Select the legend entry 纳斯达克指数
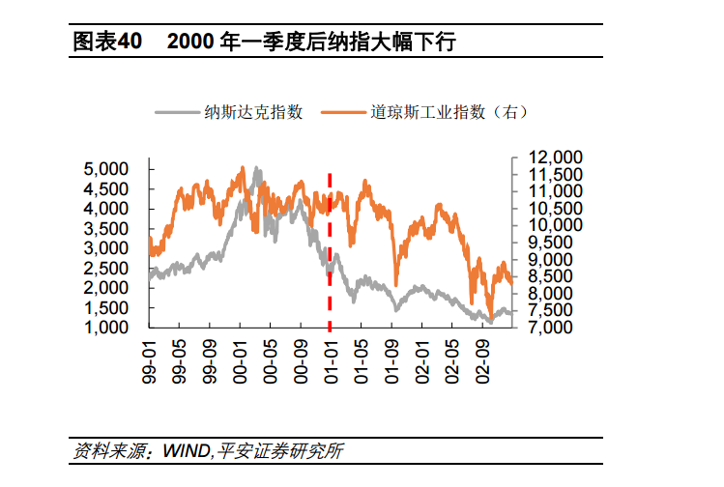pyautogui.click(x=254, y=112)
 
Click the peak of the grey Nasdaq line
pyautogui.click(x=255, y=169)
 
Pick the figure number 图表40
pyautogui.click(x=107, y=42)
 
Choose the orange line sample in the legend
pyautogui.click(x=343, y=112)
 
